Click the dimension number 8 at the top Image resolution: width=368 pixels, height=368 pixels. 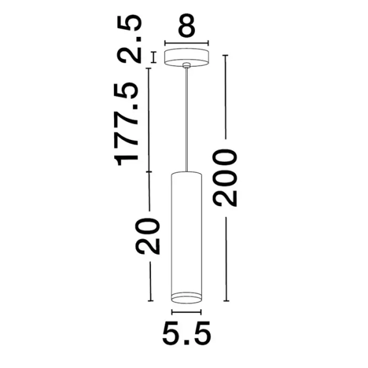click(x=187, y=28)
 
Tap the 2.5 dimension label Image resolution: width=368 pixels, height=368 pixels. click(x=131, y=40)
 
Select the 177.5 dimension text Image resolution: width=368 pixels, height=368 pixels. click(x=128, y=125)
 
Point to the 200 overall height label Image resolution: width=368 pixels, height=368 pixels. click(x=225, y=177)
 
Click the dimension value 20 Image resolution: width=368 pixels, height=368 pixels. click(x=149, y=236)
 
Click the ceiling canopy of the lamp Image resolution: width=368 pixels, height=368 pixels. click(x=187, y=55)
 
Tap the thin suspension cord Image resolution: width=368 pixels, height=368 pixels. click(x=187, y=117)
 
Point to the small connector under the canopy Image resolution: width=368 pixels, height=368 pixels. click(x=187, y=65)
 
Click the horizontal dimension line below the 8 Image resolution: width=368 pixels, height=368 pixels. click(x=187, y=43)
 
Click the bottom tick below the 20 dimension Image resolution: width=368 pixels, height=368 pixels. click(x=149, y=301)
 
